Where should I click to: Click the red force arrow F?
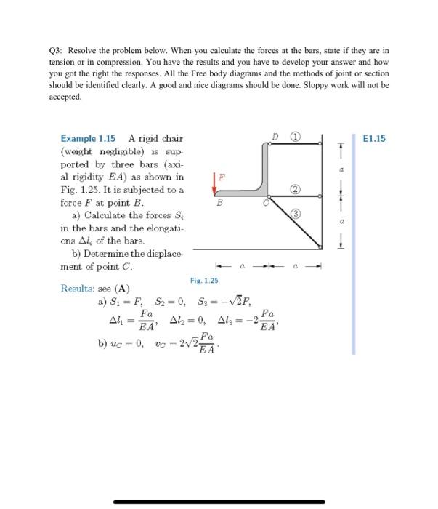tap(215, 184)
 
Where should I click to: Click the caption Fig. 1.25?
tap(204, 279)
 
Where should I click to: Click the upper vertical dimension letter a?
tap(339, 169)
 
